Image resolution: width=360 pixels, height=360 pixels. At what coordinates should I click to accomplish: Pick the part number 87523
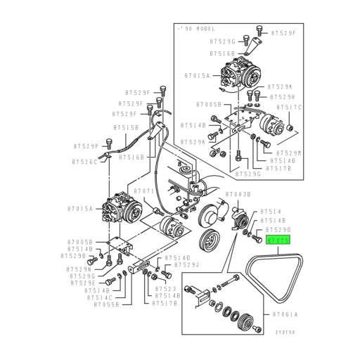[x=166, y=288]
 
